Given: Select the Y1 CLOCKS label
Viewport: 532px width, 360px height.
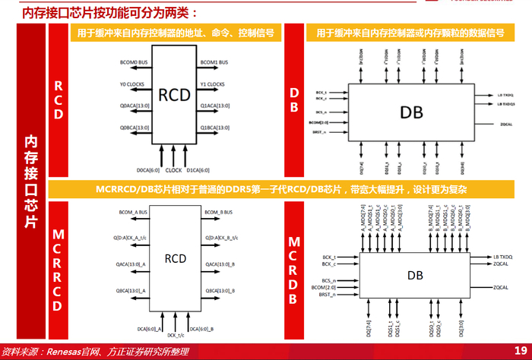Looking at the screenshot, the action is [212, 84].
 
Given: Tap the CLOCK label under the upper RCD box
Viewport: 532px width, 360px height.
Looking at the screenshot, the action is [173, 170].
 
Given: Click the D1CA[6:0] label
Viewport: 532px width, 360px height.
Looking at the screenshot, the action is [198, 170].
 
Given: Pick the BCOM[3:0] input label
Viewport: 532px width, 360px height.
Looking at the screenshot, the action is [319, 122].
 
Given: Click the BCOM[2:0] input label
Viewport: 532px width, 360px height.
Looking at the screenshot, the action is [321, 288].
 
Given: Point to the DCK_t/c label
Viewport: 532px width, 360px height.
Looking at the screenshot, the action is [176, 334].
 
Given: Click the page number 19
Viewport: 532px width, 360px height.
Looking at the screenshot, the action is [521, 350].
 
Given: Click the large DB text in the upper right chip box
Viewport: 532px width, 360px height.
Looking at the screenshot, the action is [411, 112].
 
